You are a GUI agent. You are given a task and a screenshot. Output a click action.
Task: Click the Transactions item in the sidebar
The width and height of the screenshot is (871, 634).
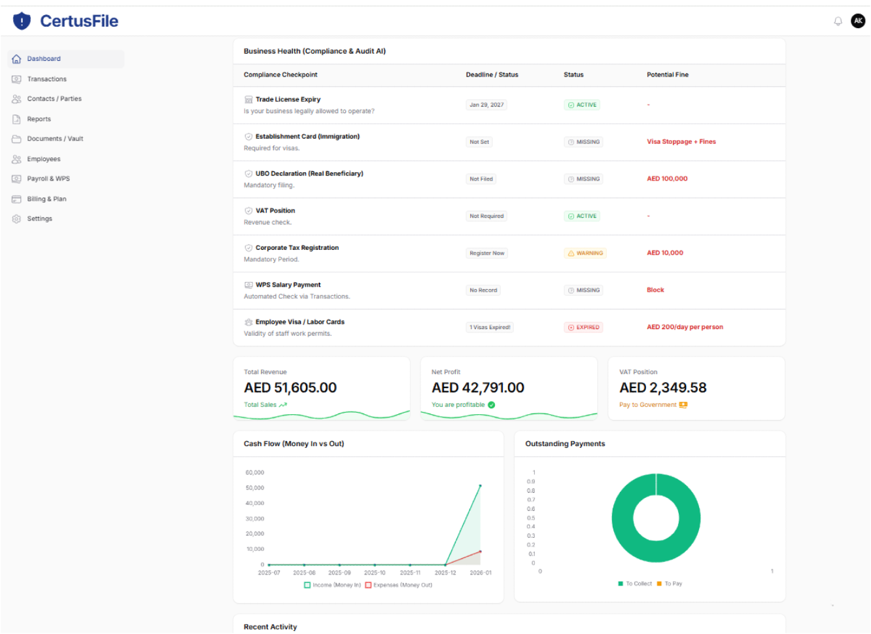pos(46,79)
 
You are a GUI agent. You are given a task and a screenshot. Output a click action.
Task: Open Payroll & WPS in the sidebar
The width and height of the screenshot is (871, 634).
pos(48,179)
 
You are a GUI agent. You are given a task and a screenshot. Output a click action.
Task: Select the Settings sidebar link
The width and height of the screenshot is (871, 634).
pos(39,219)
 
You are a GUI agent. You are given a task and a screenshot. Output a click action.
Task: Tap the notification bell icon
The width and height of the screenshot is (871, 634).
pos(838,22)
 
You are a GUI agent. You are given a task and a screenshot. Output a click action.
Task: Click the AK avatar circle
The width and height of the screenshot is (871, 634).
pos(858,21)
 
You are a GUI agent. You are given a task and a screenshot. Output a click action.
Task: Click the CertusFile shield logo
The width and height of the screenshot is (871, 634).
pos(22,21)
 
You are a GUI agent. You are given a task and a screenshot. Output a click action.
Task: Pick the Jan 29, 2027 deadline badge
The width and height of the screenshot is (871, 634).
pos(487,105)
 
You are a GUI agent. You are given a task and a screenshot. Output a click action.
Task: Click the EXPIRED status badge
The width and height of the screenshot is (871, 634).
pos(583,327)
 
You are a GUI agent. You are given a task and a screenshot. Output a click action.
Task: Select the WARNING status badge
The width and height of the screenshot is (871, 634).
pos(585,253)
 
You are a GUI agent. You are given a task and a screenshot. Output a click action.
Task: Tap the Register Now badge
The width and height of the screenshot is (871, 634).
pos(487,253)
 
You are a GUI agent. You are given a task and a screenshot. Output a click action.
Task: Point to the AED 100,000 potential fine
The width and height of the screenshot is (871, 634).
pos(667,179)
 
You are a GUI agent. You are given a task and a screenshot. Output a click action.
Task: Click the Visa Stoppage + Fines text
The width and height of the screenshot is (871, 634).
pos(681,141)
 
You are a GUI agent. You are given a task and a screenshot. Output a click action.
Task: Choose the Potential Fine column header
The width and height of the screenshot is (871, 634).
pos(667,75)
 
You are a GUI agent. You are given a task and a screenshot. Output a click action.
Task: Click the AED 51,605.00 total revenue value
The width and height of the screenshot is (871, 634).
pos(290,388)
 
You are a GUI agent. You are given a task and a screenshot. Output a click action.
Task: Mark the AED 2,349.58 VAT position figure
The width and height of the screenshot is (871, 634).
pos(662,388)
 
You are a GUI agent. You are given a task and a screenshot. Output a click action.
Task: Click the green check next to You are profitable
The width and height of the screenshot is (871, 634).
pos(492,405)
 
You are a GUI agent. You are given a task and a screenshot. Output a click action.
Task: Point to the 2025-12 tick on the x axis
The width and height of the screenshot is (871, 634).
pos(445,572)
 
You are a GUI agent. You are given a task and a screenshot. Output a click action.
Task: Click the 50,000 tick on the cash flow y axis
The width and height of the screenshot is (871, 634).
pos(255,488)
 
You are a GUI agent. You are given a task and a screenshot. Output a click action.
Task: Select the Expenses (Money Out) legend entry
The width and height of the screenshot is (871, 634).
pos(399,585)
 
